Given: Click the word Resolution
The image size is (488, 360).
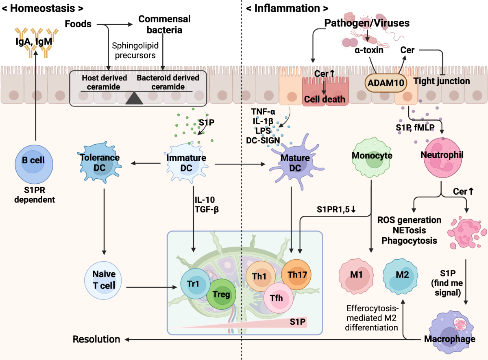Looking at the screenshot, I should coord(96,339).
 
